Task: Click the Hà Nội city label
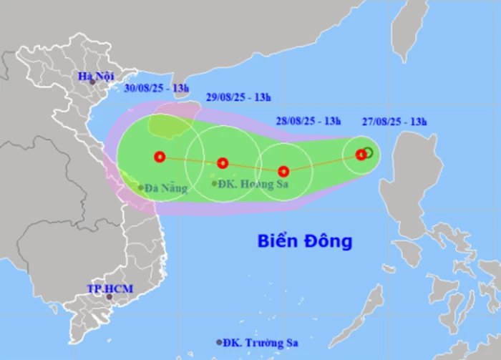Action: [92, 75]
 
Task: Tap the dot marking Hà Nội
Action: [92, 82]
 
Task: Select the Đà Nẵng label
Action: [167, 188]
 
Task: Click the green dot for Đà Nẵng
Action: [141, 188]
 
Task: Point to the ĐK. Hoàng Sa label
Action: [248, 183]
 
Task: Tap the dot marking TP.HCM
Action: [110, 296]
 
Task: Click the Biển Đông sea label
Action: [305, 241]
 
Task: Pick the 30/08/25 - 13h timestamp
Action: [157, 89]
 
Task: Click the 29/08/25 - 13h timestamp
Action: [238, 97]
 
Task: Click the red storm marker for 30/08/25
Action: [160, 157]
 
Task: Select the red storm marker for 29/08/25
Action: [223, 163]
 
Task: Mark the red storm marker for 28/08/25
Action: [283, 171]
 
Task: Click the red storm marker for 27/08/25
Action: [361, 154]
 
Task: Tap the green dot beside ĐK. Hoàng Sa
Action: [215, 184]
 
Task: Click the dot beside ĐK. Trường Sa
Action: [220, 342]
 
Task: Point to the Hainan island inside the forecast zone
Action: [172, 122]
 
